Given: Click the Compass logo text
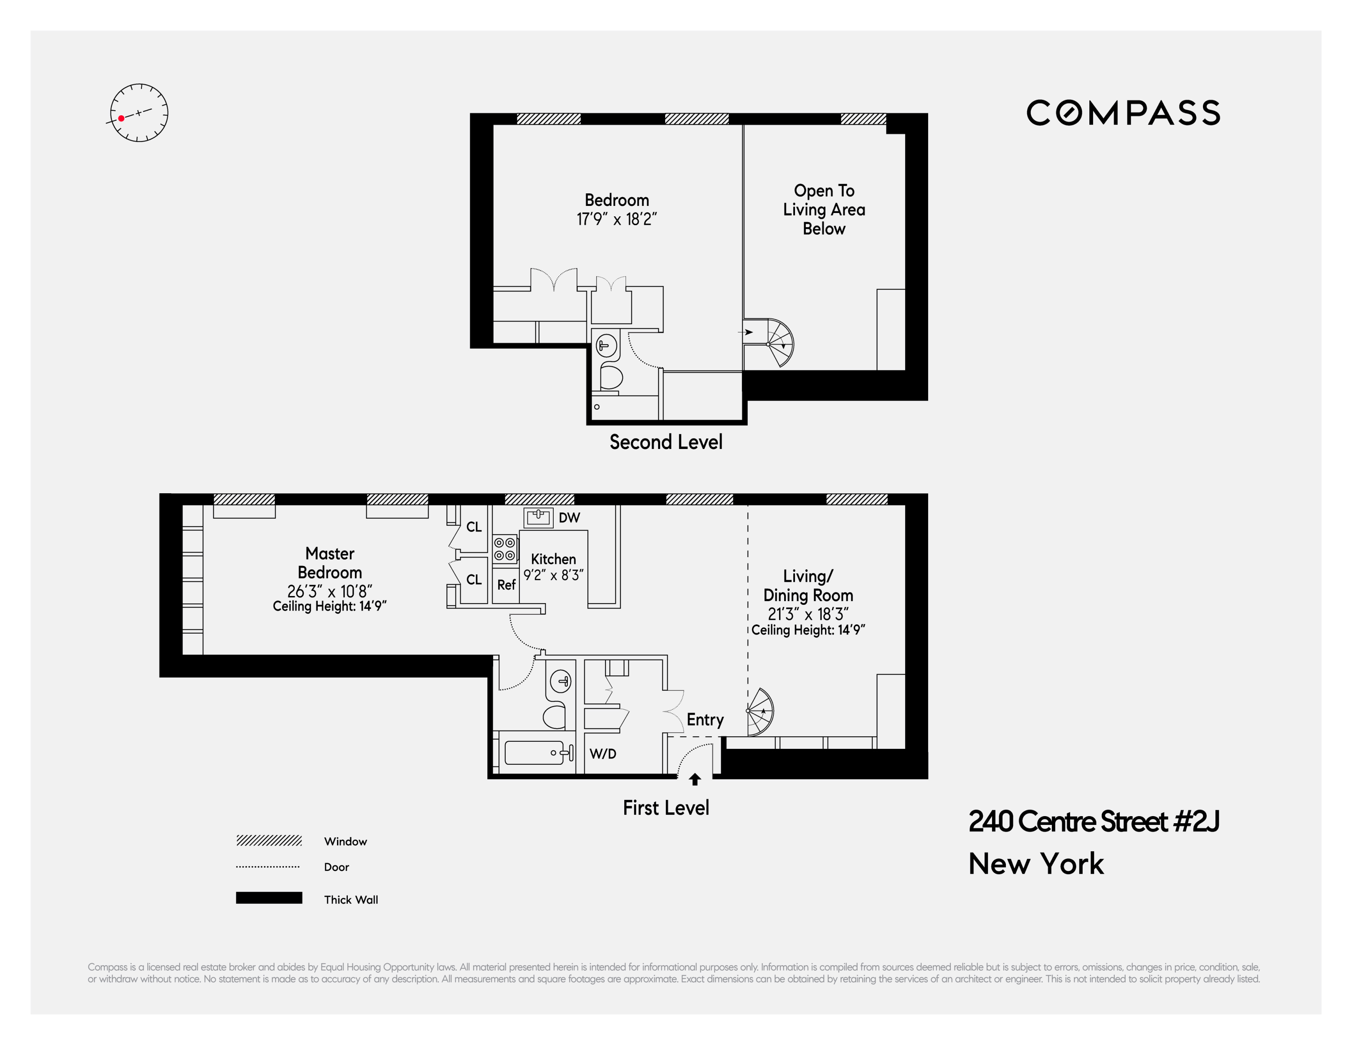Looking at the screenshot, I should [1123, 113].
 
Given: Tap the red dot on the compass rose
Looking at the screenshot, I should [122, 118].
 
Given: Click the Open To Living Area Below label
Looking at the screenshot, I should [823, 209].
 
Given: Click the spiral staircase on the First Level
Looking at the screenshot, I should [760, 712].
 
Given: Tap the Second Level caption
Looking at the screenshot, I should [666, 442].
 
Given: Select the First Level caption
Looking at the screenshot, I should [666, 808].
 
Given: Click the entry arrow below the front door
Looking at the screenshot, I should [694, 779].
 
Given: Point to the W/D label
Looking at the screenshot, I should [603, 753].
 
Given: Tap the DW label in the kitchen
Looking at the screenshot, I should [569, 517].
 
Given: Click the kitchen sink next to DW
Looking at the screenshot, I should [538, 517].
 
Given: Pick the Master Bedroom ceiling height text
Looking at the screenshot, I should [329, 606].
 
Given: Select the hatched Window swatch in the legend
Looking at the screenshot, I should [268, 841].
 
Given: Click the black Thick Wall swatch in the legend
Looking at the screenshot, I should [268, 898].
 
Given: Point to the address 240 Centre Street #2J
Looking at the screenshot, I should [1093, 822].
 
